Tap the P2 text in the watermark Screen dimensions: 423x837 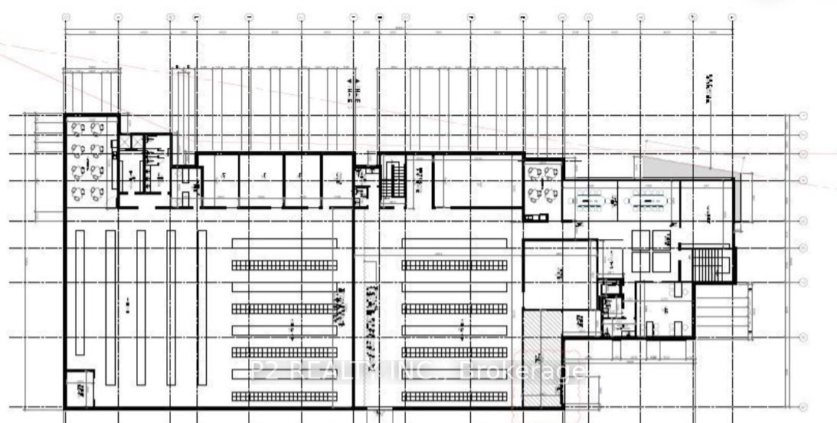[x=263, y=372]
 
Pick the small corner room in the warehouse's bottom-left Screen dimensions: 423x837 [x=80, y=388]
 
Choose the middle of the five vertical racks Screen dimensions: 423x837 [x=141, y=307]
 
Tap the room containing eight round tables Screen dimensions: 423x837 [x=88, y=160]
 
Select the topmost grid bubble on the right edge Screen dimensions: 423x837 [x=803, y=116]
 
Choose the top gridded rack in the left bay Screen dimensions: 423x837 [x=284, y=264]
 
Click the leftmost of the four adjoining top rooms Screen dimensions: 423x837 [x=217, y=179]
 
